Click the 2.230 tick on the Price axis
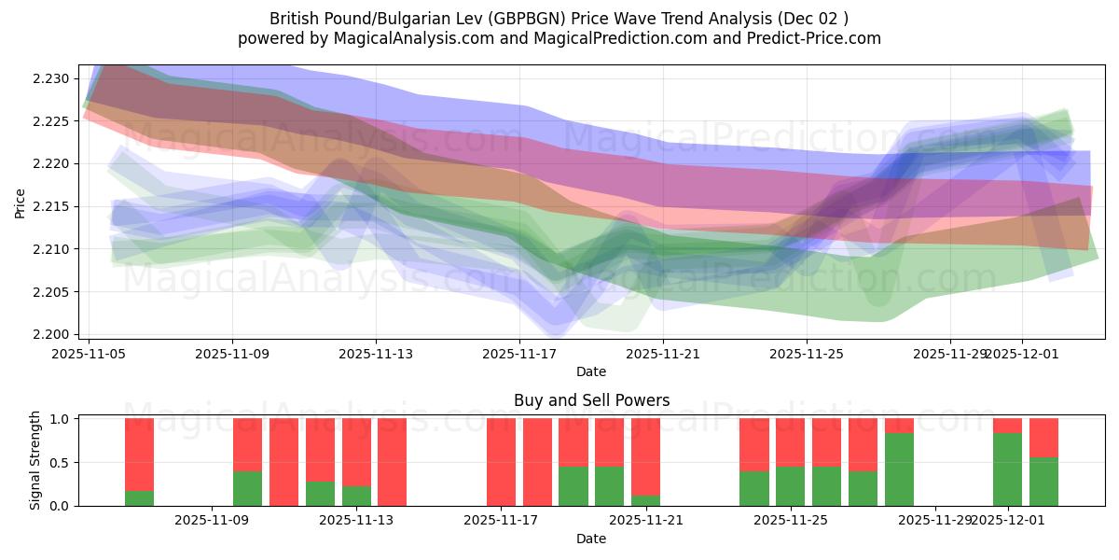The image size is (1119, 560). point(48,78)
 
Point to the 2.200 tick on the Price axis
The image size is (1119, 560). point(48,334)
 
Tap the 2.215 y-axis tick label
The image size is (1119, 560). point(48,206)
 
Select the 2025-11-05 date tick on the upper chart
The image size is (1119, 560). point(89,354)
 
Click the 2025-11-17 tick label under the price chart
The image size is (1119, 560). point(519,354)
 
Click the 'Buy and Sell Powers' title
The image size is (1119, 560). point(591,400)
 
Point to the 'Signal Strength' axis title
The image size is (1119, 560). point(35,460)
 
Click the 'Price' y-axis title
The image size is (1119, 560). point(21,203)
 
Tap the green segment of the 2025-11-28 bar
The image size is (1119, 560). point(899,469)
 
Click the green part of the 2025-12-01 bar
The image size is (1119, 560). point(1007,469)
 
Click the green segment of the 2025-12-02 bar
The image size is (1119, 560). point(1043,482)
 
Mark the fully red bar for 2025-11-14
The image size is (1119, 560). point(393,462)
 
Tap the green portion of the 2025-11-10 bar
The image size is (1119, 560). point(248,488)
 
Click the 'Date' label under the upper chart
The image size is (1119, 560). point(591,371)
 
